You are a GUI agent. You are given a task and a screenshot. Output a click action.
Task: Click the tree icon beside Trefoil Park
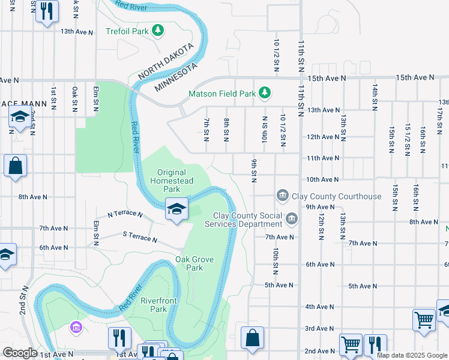click(x=157, y=29)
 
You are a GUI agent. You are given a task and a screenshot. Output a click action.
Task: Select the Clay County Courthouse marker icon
click(x=282, y=196)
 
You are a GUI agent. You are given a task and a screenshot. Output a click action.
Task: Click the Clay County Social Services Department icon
click(x=292, y=219)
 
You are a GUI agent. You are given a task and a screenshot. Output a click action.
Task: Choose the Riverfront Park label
click(x=158, y=305)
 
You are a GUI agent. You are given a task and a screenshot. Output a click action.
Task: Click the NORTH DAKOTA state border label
click(x=166, y=61)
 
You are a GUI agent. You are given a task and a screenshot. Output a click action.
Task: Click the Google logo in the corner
click(x=20, y=353)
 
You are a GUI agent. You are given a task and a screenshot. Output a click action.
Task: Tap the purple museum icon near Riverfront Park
click(x=76, y=328)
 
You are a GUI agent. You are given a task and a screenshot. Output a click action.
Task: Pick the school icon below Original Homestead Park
click(x=176, y=209)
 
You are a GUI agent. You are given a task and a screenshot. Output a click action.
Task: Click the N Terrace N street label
click(x=125, y=214)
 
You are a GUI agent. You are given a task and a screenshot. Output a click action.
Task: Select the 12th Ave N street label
click(x=323, y=137)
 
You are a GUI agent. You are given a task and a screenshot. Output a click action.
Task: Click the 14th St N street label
click(x=375, y=95)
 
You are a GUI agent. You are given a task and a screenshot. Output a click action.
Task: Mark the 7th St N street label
click(x=206, y=130)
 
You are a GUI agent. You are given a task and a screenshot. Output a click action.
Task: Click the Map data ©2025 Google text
click(x=411, y=355)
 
